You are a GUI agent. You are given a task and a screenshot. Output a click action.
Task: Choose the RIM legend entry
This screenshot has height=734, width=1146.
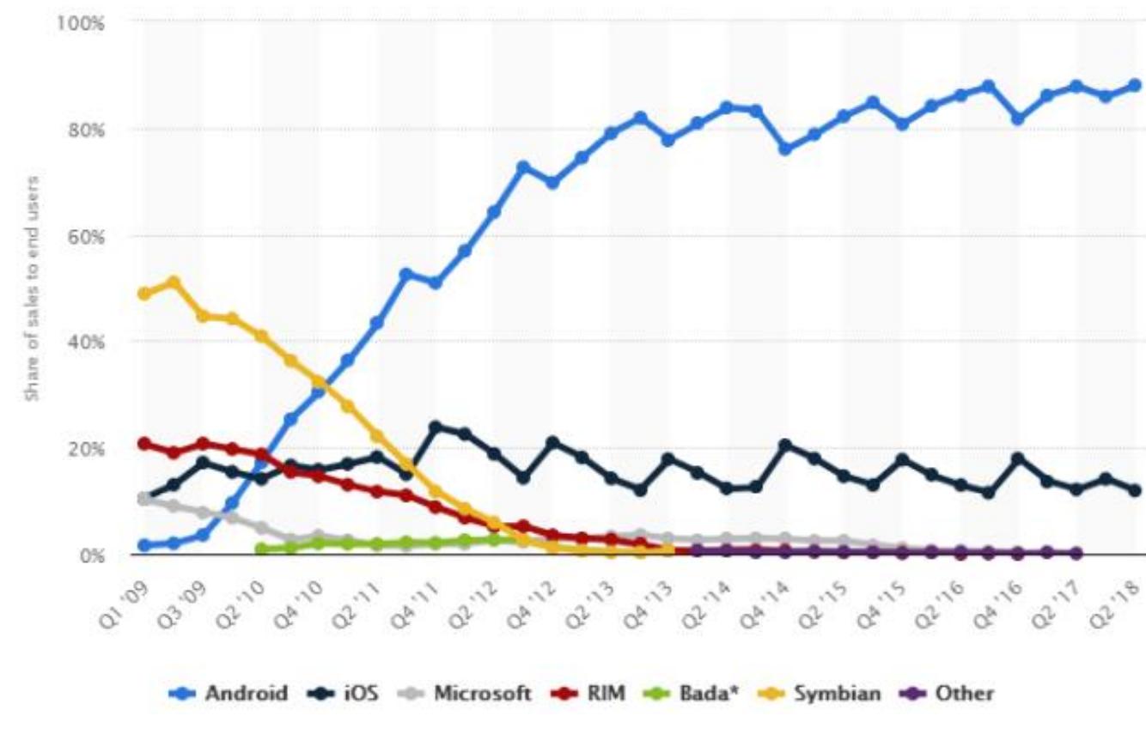click(x=594, y=693)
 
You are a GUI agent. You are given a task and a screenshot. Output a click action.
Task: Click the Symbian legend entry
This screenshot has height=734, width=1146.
click(x=821, y=693)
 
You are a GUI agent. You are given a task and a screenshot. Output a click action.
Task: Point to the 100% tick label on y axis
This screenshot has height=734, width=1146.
click(x=80, y=23)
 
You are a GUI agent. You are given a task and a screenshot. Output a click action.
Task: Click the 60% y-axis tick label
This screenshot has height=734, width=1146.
click(x=84, y=236)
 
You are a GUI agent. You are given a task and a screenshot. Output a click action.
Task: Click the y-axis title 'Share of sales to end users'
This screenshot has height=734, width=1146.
click(x=33, y=288)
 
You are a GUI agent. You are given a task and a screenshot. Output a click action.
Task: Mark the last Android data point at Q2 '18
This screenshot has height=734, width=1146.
click(x=1134, y=85)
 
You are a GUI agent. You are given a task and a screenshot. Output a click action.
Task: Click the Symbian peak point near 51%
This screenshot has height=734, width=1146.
click(x=174, y=282)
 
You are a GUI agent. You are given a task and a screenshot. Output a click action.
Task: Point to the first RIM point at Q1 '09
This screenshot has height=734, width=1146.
click(x=144, y=444)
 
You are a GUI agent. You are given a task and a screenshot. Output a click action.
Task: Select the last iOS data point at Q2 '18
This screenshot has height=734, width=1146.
click(x=1134, y=490)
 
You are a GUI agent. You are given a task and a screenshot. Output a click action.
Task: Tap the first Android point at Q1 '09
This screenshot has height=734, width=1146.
click(x=144, y=545)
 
